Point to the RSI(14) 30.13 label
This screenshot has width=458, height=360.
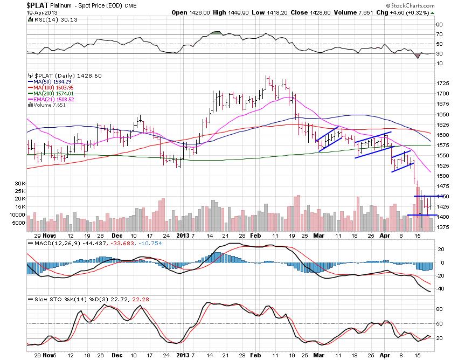(x=51, y=19)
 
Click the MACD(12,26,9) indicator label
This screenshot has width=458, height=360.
(x=49, y=244)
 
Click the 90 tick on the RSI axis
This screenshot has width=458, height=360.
(x=440, y=24)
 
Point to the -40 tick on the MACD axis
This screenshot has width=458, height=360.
(x=440, y=288)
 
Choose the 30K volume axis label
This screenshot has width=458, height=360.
(x=19, y=183)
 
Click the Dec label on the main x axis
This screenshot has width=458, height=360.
(x=116, y=236)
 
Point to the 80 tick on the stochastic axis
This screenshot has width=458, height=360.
(x=440, y=309)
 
